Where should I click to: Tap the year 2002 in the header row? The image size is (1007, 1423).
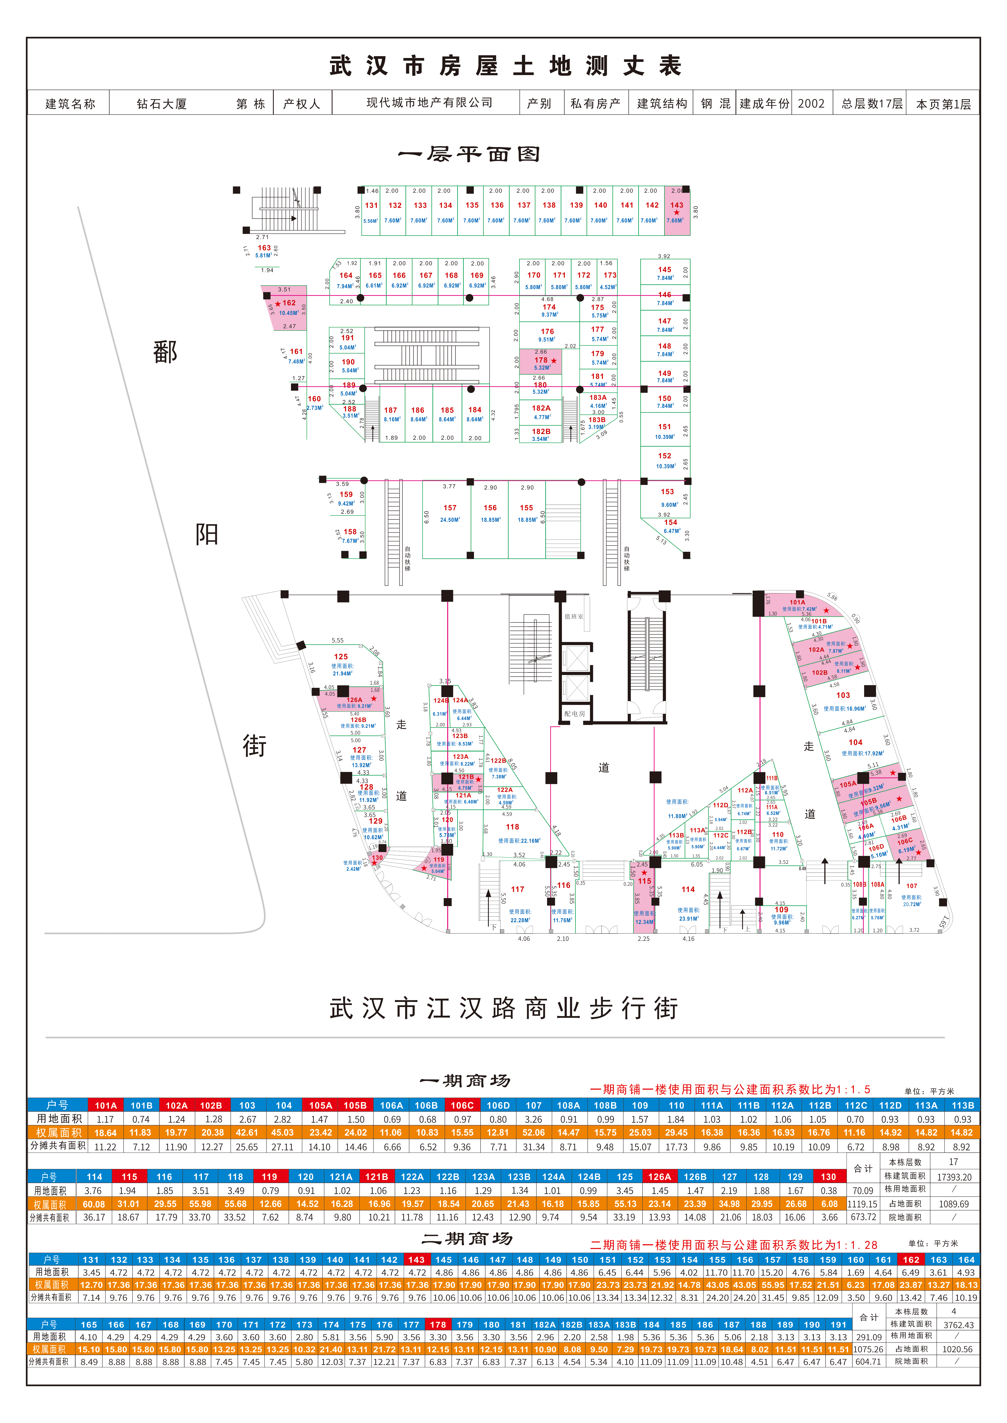coord(811,103)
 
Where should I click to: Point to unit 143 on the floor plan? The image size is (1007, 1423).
coord(676,205)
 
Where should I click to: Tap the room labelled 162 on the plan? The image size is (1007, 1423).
coord(289,303)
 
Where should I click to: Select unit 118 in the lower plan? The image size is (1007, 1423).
coord(512,827)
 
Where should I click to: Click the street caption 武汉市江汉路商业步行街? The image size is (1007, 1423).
coord(503,1008)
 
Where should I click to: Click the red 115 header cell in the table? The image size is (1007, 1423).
coord(129,1176)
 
